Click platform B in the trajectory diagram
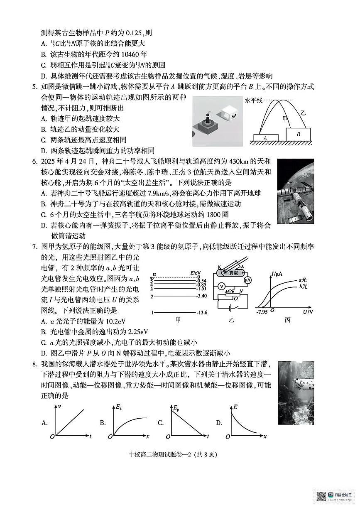coord(298,134)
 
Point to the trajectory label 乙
coord(303,112)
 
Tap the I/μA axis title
coord(277,273)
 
